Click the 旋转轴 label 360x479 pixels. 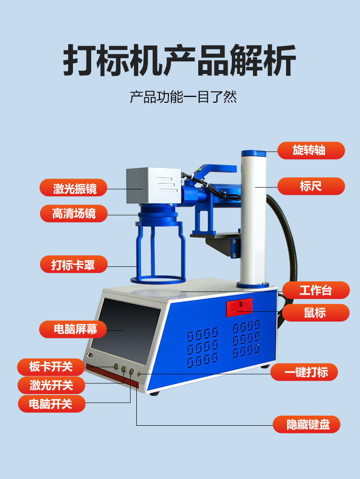click(311, 150)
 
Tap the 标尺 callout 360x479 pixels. click(311, 186)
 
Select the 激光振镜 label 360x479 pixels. click(73, 188)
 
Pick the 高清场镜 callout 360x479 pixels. click(73, 213)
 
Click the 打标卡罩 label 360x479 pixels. click(73, 264)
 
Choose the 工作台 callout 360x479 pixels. click(316, 290)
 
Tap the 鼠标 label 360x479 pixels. click(316, 312)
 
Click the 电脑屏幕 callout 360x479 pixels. click(73, 329)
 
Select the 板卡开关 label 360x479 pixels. click(51, 367)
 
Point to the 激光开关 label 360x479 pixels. click(51, 385)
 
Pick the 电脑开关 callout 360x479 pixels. click(52, 404)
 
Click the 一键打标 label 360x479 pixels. click(304, 372)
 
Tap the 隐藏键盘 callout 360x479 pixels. click(307, 424)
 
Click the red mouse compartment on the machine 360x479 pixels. click(240, 308)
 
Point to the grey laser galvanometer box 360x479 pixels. click(155, 185)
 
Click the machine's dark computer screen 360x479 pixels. click(126, 331)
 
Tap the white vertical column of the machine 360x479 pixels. click(253, 219)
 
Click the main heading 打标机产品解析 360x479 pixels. click(180, 60)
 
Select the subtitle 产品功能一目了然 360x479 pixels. click(183, 97)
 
